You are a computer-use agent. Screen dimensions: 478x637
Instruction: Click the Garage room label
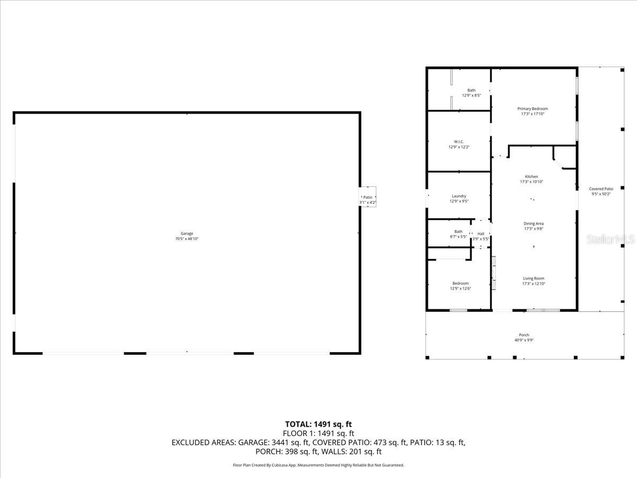coord(186,234)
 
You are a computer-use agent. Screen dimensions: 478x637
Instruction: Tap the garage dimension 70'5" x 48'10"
coord(186,239)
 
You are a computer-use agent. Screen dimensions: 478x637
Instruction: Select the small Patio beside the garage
coord(367,198)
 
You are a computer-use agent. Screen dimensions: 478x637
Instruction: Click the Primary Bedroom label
coord(532,109)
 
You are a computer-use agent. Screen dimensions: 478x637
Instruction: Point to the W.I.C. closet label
coord(459,142)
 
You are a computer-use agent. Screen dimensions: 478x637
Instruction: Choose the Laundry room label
coord(459,196)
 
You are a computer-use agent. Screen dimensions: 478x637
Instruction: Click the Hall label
coord(480,234)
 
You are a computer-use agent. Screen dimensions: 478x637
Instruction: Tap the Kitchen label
coord(531,177)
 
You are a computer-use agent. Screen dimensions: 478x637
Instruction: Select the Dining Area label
coord(533,224)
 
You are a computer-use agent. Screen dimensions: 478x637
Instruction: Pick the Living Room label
coord(533,278)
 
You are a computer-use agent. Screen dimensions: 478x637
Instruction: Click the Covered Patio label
coord(601,189)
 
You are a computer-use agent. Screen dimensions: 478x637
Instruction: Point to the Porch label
coord(524,335)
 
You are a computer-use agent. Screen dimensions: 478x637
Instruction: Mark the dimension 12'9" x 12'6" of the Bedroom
coord(460,288)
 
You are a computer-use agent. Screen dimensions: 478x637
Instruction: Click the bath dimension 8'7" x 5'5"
coord(458,236)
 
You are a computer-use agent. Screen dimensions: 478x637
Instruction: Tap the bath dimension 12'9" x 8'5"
coord(471,96)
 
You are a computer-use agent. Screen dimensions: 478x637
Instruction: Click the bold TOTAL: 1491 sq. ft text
coord(318,424)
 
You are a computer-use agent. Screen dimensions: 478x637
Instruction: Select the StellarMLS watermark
coord(610,240)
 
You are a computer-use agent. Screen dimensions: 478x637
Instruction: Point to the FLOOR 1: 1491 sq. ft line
coord(318,433)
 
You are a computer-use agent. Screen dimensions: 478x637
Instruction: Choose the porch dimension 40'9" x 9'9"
coord(523,340)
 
